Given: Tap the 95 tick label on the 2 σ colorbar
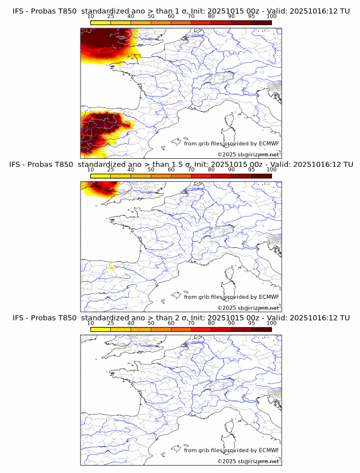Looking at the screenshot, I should pos(251,323).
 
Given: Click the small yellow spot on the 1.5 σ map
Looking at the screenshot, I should pos(111,267).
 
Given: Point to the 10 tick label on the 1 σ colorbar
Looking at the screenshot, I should pos(91,16).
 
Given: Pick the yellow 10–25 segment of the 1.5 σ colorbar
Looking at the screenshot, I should pos(101,176).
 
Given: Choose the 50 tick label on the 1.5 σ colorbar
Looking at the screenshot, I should pos(151,170).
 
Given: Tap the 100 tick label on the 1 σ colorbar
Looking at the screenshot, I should pos(271,16).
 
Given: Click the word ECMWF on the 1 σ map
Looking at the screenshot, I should pos(269,143).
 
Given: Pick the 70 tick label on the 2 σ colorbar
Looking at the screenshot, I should pos(191,323).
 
